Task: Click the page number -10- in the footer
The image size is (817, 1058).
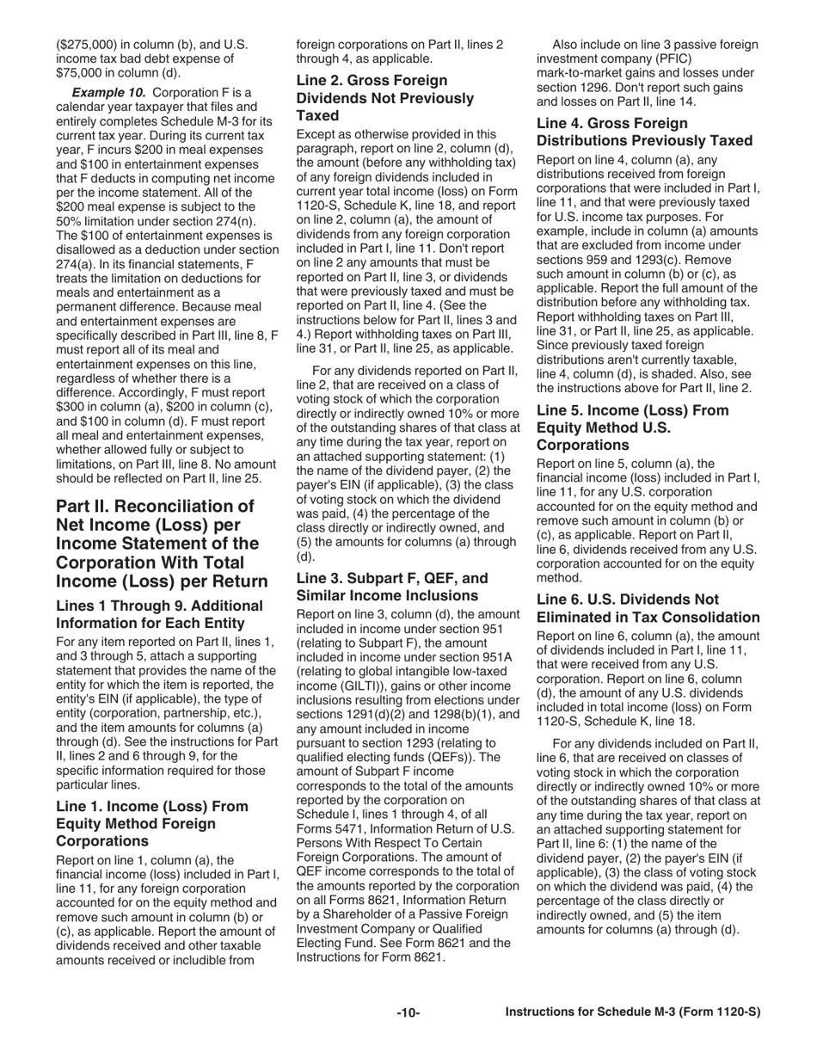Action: pyautogui.click(x=408, y=1012)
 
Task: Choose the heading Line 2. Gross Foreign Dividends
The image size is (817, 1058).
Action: pyautogui.click(x=384, y=97)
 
